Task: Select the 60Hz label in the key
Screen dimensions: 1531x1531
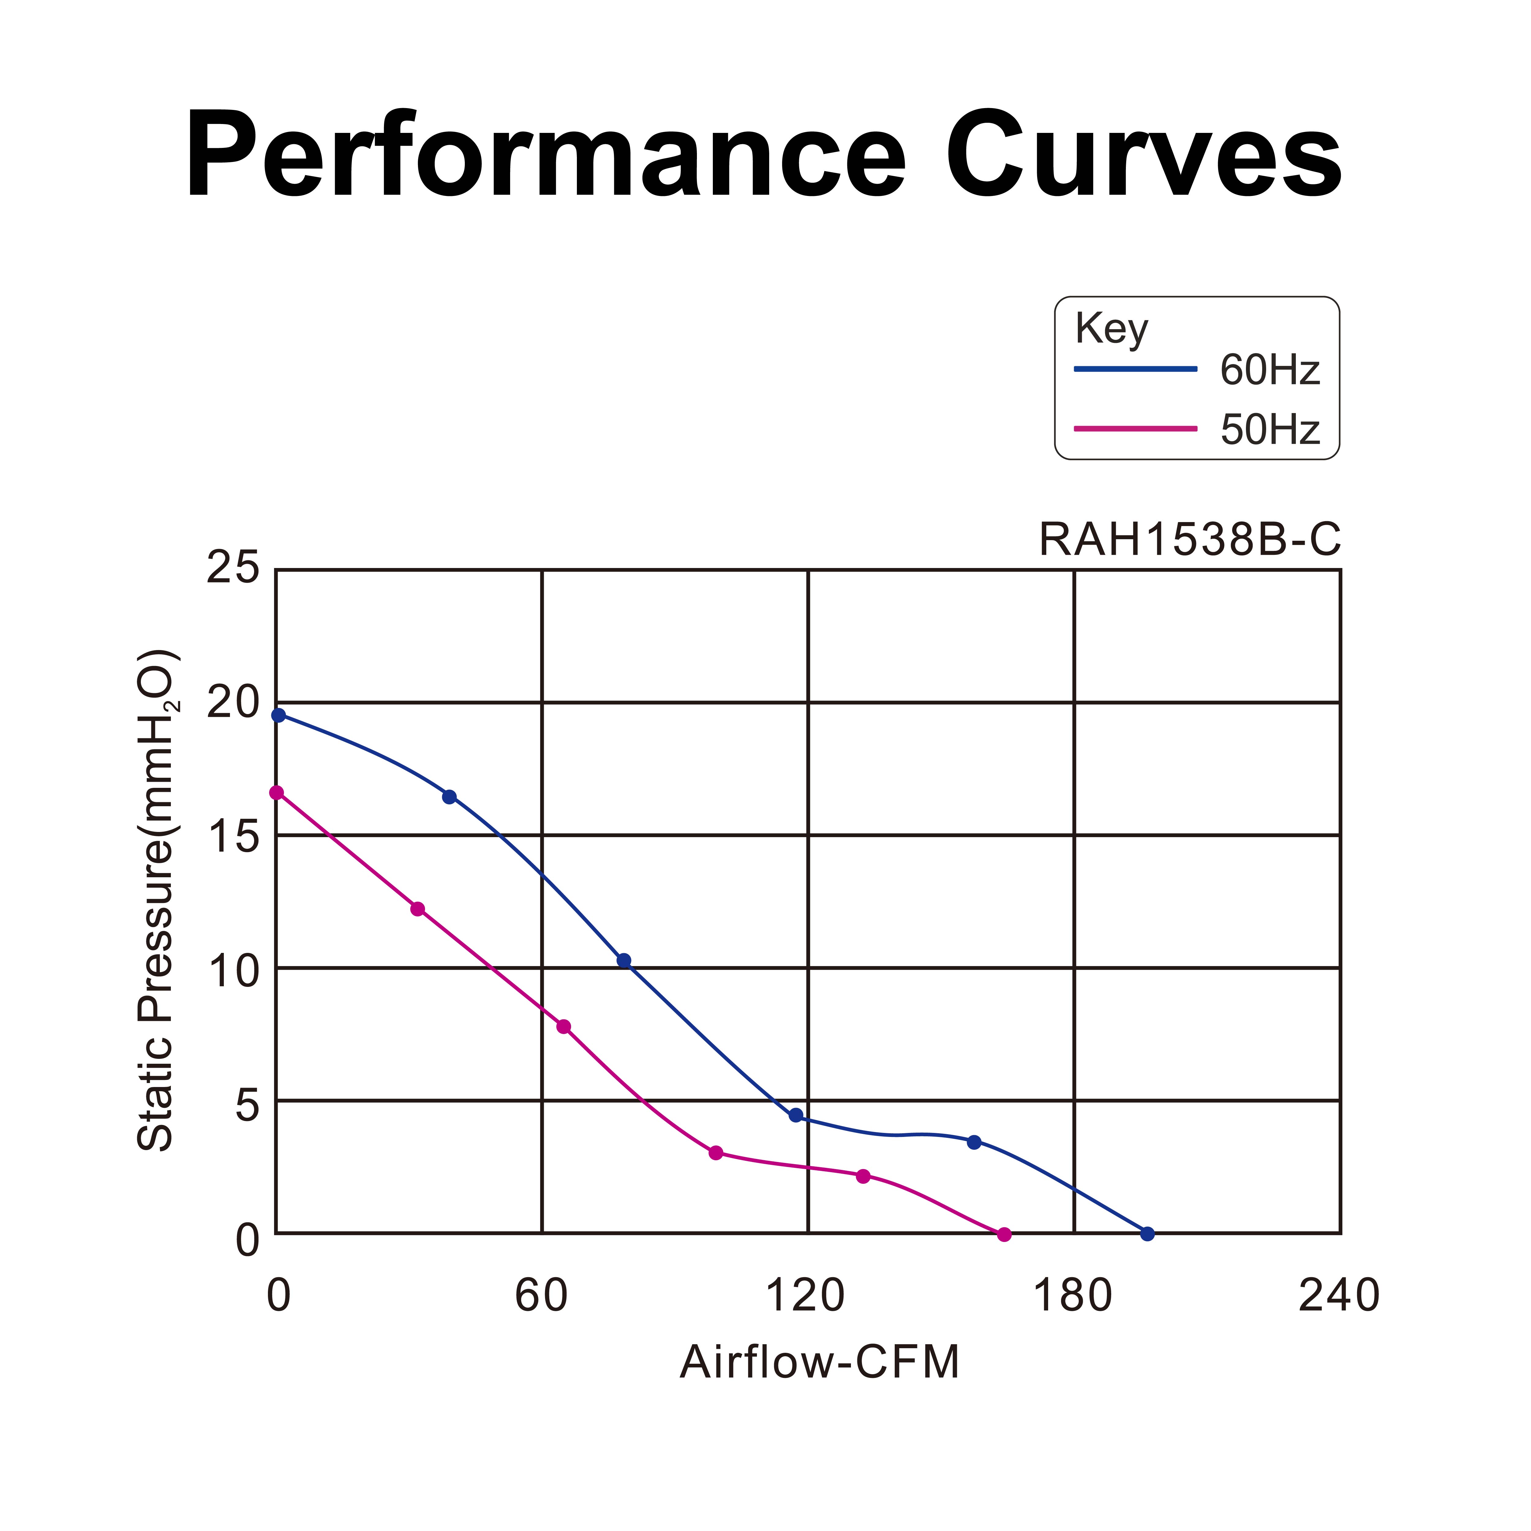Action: (1270, 370)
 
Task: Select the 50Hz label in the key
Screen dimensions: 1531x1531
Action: (1270, 430)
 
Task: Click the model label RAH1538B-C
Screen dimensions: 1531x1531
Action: (1189, 540)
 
